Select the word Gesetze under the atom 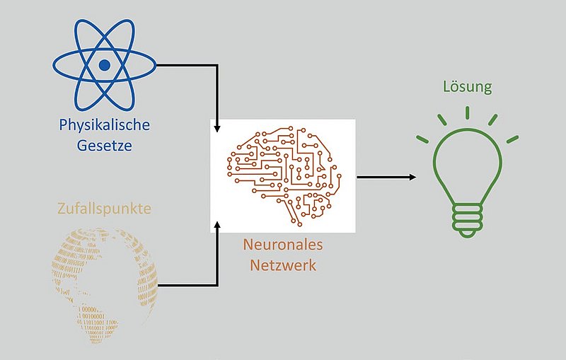tap(105, 147)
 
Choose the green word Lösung tap(467, 88)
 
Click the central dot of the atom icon tap(105, 66)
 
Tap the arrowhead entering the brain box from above tap(216, 129)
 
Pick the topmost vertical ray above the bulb tap(467, 112)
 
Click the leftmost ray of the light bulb tap(422, 138)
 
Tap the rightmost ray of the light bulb tap(512, 138)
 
